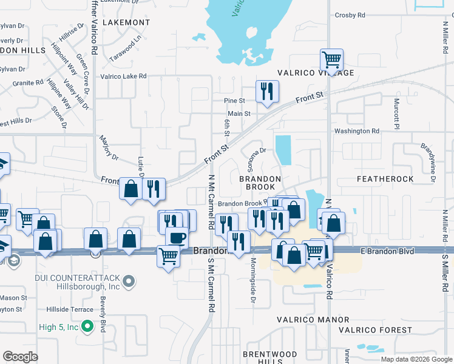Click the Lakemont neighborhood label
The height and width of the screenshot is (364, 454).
[x=126, y=22]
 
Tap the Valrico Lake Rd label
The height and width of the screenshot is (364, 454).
[x=123, y=76]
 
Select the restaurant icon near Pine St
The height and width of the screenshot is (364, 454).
[x=267, y=92]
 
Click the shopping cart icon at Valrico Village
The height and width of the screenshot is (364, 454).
[x=331, y=60]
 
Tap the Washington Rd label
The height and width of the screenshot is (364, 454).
[x=356, y=131]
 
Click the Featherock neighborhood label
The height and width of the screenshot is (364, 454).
[x=385, y=180]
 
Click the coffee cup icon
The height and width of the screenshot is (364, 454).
[x=177, y=237]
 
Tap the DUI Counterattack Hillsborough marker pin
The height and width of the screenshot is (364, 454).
[x=128, y=281]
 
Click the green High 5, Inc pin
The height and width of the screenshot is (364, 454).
[x=88, y=327]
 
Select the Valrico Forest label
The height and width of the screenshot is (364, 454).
[x=384, y=330]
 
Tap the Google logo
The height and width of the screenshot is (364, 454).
[x=21, y=357]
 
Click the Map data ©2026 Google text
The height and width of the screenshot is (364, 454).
[x=416, y=359]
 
